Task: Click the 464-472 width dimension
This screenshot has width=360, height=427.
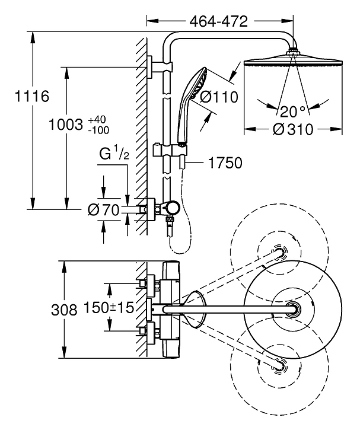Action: tap(219, 21)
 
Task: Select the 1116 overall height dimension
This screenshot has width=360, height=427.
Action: tap(32, 96)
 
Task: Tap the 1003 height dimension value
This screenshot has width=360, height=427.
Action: tap(66, 125)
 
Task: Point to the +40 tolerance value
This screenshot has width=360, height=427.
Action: tap(97, 120)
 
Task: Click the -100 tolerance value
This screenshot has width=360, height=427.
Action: tap(98, 130)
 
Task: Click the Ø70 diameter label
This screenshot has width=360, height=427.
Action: tap(104, 210)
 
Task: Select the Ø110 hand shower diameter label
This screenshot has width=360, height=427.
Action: tap(219, 97)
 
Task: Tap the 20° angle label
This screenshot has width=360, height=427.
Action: tap(292, 111)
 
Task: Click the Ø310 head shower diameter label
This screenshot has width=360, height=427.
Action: tap(293, 129)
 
